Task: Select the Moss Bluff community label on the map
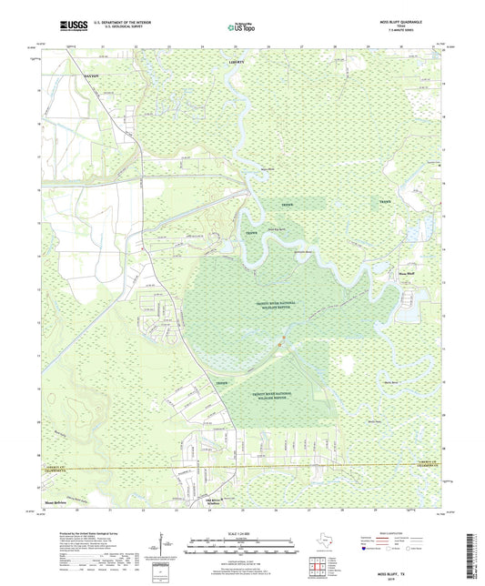tap(407, 270)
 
